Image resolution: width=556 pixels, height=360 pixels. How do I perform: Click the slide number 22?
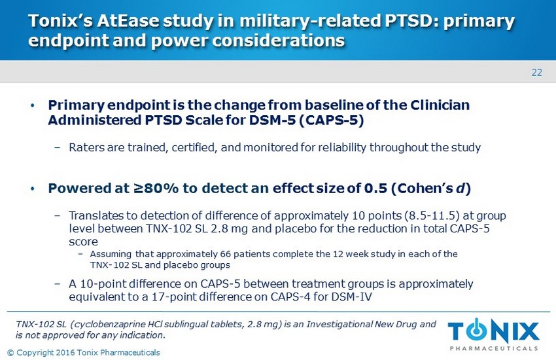(x=536, y=73)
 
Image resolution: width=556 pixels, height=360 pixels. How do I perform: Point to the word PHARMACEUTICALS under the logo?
(x=494, y=348)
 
